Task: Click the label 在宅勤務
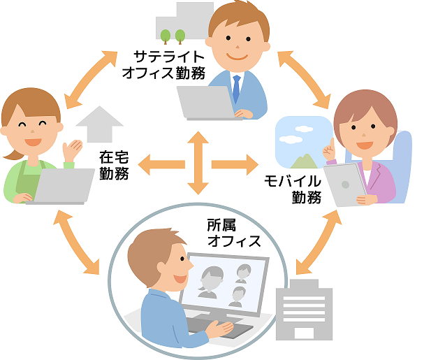coord(113,164)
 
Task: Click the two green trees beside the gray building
coord(173,34)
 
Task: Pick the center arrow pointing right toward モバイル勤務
coord(234,165)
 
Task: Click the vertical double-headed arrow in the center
coord(198,164)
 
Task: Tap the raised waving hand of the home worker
coord(71,149)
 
